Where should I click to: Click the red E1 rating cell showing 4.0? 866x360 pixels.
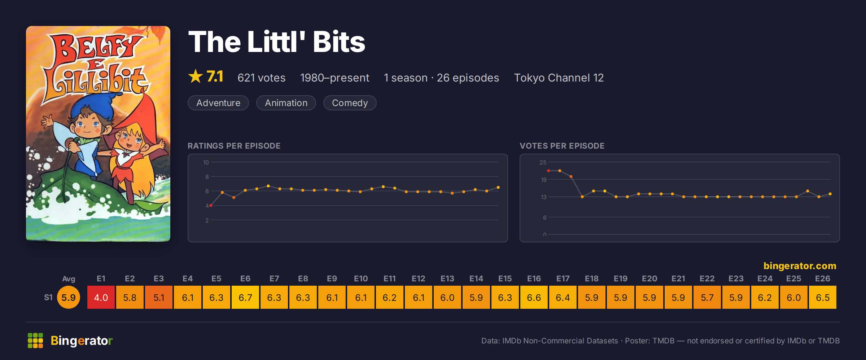pyautogui.click(x=101, y=297)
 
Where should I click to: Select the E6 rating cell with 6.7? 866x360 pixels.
pyautogui.click(x=245, y=297)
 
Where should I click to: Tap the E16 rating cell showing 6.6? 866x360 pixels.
pyautogui.click(x=534, y=297)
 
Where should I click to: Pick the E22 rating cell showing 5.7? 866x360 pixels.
pyautogui.click(x=707, y=297)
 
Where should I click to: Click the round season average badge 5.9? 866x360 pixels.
pyautogui.click(x=69, y=297)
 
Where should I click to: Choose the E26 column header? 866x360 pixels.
pyautogui.click(x=823, y=278)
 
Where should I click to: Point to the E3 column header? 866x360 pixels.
pyautogui.click(x=159, y=278)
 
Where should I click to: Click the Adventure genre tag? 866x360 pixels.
pyautogui.click(x=218, y=103)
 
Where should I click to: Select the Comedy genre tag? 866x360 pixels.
pyautogui.click(x=350, y=103)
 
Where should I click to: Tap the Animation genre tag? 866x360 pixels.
pyautogui.click(x=286, y=103)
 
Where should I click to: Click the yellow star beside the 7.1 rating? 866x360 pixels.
pyautogui.click(x=196, y=76)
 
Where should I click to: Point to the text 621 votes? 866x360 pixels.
pyautogui.click(x=262, y=78)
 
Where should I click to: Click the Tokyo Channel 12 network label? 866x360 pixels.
pyautogui.click(x=559, y=78)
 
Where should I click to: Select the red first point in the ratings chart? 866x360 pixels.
pyautogui.click(x=211, y=205)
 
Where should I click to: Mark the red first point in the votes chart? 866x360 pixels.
pyautogui.click(x=548, y=171)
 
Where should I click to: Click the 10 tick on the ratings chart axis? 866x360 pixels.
pyautogui.click(x=206, y=162)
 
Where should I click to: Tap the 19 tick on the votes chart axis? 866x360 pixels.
pyautogui.click(x=543, y=180)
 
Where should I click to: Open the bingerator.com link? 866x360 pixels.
pyautogui.click(x=800, y=266)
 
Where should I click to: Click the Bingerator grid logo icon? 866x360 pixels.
pyautogui.click(x=35, y=341)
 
